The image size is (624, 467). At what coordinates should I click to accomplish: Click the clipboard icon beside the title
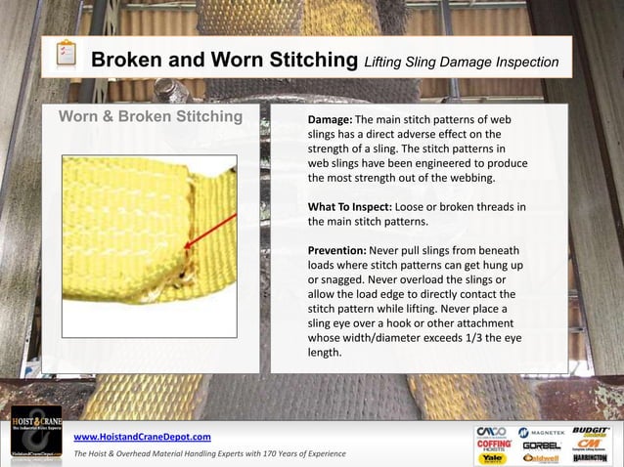pyautogui.click(x=66, y=55)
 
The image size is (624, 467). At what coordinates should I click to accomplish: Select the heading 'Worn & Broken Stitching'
pyautogui.click(x=151, y=117)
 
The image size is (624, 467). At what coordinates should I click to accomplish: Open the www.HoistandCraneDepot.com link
pyautogui.click(x=143, y=436)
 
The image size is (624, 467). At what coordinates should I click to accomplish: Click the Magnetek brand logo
pyautogui.click(x=537, y=432)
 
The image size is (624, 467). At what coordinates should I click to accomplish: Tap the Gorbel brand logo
pyautogui.click(x=542, y=446)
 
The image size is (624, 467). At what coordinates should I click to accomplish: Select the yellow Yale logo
pyautogui.click(x=491, y=458)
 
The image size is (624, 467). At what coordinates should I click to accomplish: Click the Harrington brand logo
pyautogui.click(x=591, y=458)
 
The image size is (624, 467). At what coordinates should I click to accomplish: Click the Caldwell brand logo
pyautogui.click(x=541, y=458)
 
